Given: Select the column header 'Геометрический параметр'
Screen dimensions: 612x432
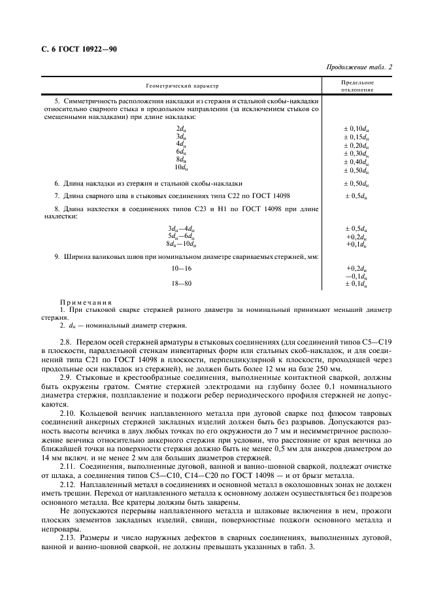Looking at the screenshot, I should click(x=181, y=86).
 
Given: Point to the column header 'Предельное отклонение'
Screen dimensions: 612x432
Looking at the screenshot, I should click(x=357, y=86).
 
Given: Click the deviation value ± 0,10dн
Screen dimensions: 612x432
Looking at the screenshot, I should click(x=356, y=129).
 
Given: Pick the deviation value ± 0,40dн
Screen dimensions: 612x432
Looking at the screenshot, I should click(x=356, y=161).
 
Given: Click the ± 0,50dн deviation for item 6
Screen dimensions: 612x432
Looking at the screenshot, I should click(x=356, y=184).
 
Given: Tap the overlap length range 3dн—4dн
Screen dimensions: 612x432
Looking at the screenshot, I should click(x=181, y=228).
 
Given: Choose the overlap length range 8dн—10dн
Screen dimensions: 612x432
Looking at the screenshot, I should click(x=181, y=244).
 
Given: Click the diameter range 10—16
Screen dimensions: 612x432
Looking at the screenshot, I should click(x=181, y=269).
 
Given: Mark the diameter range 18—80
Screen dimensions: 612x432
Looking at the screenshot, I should click(x=181, y=284).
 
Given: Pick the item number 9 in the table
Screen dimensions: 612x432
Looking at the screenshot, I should click(x=57, y=257).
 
